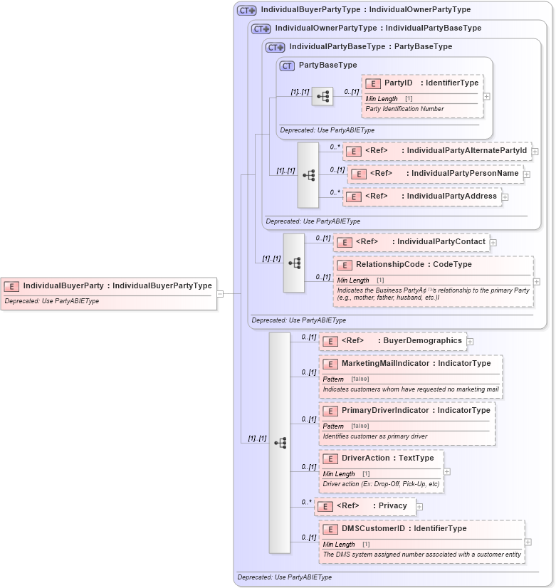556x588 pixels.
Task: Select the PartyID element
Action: tap(421, 83)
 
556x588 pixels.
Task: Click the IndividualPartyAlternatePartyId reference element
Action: tap(437, 151)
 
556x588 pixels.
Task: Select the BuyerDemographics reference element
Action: tap(392, 341)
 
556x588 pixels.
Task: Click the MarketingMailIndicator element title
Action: tap(416, 364)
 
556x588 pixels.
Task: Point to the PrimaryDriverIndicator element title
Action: tap(416, 411)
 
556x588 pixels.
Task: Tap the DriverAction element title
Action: tap(387, 458)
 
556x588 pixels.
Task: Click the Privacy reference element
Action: tap(364, 506)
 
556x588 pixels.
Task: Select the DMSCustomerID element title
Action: tap(404, 529)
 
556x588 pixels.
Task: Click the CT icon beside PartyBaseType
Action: tap(288, 65)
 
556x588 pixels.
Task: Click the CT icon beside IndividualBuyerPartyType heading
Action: tap(246, 10)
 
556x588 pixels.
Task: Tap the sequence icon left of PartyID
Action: tap(322, 96)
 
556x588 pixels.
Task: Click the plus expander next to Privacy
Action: tap(419, 507)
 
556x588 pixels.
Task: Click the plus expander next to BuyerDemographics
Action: tap(470, 342)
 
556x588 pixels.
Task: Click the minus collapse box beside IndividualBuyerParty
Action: tap(221, 293)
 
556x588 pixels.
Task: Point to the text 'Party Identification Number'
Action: tap(404, 110)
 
